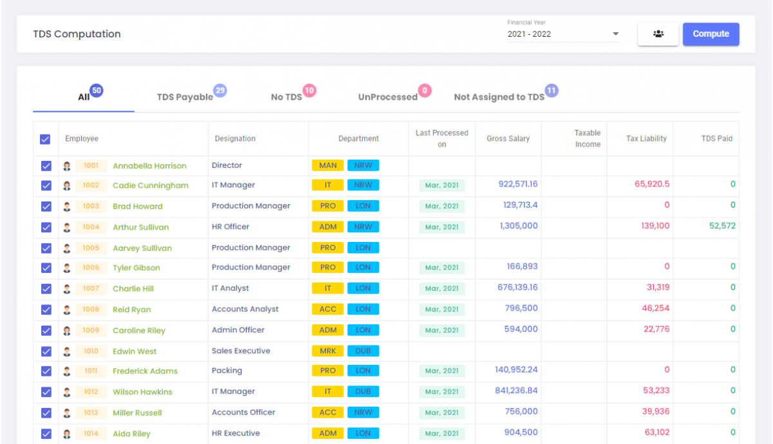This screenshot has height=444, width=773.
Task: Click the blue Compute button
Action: click(711, 34)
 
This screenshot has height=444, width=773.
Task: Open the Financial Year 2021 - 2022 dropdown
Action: click(563, 34)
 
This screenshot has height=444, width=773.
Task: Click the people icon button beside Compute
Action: click(658, 34)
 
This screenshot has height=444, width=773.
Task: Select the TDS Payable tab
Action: click(185, 97)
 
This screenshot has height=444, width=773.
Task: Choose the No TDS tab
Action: click(286, 97)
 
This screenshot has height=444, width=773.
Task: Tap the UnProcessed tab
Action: click(388, 97)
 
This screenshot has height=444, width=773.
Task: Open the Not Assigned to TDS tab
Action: click(499, 97)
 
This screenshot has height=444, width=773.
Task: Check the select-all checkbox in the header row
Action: click(45, 139)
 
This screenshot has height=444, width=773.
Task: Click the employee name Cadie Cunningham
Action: click(151, 185)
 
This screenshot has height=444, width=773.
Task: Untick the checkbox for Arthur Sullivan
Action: click(46, 227)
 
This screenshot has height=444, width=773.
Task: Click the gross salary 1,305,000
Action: click(519, 226)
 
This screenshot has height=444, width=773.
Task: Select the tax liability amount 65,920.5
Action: click(652, 184)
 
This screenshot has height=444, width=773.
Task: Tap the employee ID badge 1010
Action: click(91, 351)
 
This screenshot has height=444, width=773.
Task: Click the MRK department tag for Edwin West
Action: click(328, 351)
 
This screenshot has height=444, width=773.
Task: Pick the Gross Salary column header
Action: click(508, 138)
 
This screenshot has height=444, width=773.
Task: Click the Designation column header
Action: click(235, 138)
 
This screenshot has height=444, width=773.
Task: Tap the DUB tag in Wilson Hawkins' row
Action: click(363, 391)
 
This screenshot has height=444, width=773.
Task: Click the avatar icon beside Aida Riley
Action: click(67, 434)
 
